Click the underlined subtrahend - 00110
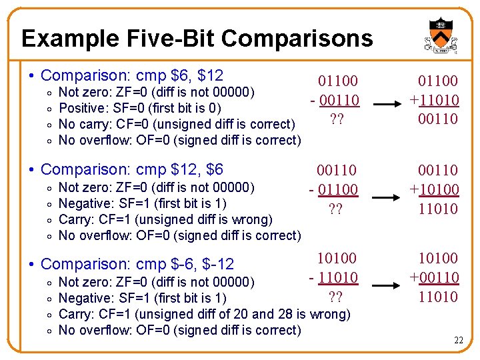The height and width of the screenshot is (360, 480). (x=335, y=100)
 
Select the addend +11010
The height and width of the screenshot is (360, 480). (x=434, y=100)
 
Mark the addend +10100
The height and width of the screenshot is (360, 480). (x=434, y=189)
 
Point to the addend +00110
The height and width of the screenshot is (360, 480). (x=434, y=277)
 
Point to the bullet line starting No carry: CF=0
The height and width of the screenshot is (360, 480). (x=177, y=124)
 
